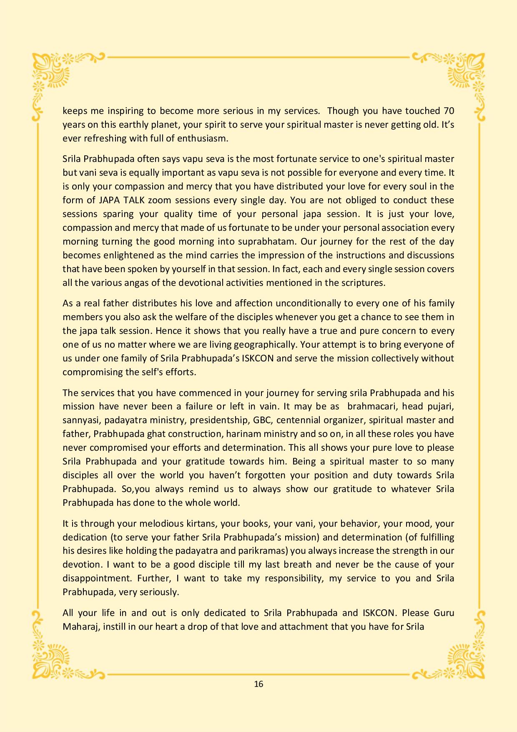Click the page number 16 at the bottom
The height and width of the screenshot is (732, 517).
point(258,684)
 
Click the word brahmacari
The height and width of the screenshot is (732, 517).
point(371,406)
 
